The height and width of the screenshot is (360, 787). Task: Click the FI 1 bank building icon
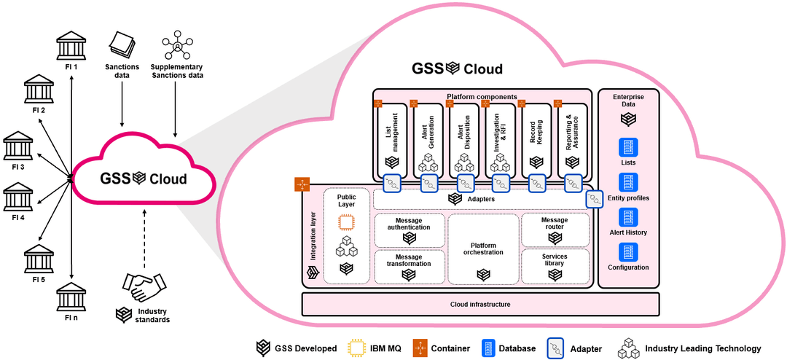(x=71, y=48)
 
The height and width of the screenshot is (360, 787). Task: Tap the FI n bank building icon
(x=71, y=298)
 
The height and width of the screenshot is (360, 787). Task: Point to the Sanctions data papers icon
(x=122, y=46)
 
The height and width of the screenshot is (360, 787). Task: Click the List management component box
(x=393, y=138)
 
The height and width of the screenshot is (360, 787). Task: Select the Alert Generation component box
(x=429, y=138)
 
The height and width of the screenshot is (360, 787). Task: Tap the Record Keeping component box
(x=538, y=138)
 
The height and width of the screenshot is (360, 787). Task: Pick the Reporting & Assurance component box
(x=574, y=138)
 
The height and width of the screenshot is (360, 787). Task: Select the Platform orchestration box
(x=482, y=249)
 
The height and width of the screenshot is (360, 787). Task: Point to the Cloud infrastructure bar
(x=479, y=305)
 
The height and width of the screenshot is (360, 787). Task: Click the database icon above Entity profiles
(x=628, y=182)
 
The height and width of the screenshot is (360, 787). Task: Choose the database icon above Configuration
(x=628, y=252)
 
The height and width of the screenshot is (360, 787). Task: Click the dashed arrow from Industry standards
(x=145, y=237)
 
